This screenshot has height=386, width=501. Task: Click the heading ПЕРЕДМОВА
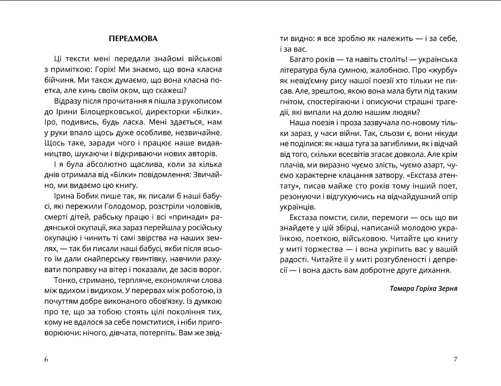tap(133, 39)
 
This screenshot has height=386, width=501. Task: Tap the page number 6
tap(46, 359)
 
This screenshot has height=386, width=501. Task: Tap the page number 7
tap(455, 359)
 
